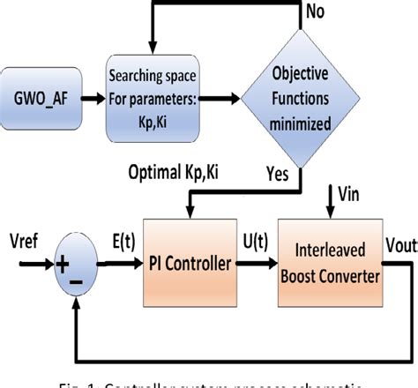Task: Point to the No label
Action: tap(313, 11)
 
